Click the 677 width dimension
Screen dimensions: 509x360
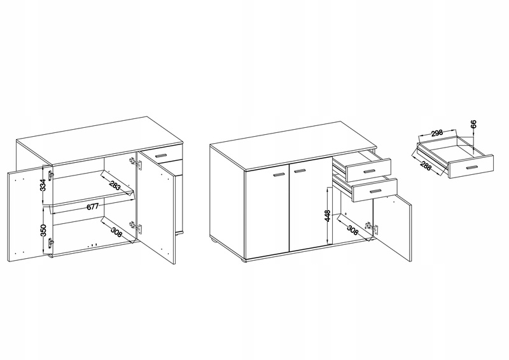tap(92, 207)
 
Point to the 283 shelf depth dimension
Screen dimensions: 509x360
tap(116, 186)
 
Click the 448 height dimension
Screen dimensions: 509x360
tap(328, 216)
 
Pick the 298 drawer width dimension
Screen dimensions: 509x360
tap(437, 133)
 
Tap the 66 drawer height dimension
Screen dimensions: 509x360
tap(473, 123)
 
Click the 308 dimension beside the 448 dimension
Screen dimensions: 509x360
tap(352, 230)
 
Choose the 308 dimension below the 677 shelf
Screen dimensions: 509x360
tap(116, 232)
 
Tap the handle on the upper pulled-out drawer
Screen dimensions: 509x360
tap(369, 171)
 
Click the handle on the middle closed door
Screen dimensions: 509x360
tap(300, 170)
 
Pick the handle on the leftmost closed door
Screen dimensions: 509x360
tap(279, 175)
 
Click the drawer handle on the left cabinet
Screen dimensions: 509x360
tap(161, 155)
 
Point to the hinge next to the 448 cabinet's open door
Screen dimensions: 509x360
tap(372, 228)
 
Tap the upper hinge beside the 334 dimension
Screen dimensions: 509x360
tap(50, 175)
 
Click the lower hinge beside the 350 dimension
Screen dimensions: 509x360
tap(50, 243)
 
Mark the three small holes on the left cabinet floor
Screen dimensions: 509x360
tap(92, 245)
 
